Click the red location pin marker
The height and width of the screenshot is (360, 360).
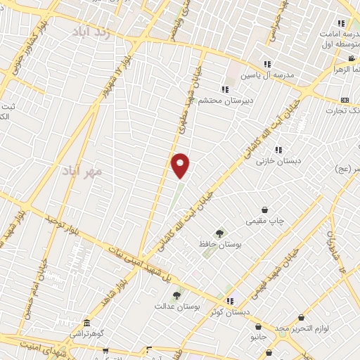pos(181,165)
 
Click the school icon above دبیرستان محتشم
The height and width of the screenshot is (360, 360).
pos(225,89)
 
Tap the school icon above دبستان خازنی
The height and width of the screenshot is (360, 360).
pos(279,150)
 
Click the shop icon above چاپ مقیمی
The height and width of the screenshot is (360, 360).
pos(264,210)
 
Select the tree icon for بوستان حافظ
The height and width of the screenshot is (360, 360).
pos(219,232)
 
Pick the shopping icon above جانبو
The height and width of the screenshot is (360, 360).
pos(259,326)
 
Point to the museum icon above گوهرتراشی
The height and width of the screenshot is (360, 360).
pos(86,322)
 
